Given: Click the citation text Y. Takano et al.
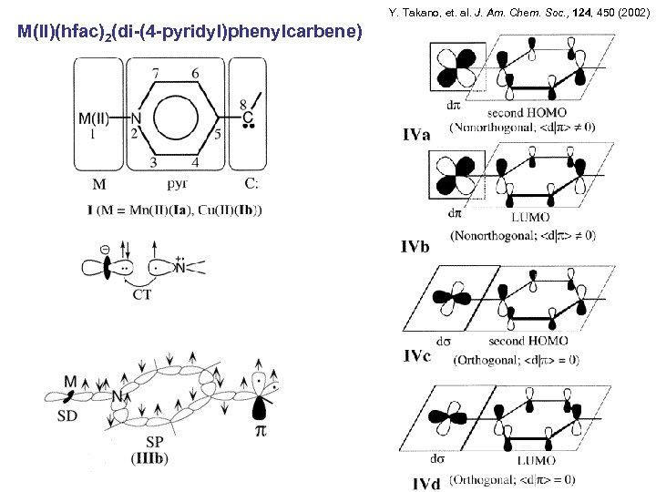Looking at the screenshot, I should click(518, 13).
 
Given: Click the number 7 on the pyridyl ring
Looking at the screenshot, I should click(157, 73).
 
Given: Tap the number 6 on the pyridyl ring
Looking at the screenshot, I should click(195, 73).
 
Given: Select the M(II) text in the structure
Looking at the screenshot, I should click(97, 118).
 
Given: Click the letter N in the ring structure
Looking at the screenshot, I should click(136, 118).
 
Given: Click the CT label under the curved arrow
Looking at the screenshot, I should click(142, 294).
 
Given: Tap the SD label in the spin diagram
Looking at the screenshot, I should click(67, 415).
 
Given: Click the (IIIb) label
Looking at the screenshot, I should click(149, 457).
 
